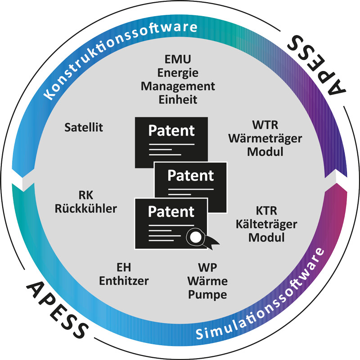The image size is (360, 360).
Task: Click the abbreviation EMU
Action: (x=178, y=60)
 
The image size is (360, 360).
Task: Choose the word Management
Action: (x=178, y=86)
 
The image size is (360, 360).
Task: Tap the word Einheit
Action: (x=178, y=99)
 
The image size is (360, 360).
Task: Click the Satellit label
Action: (x=84, y=127)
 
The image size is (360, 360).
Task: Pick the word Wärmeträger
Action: (x=265, y=139)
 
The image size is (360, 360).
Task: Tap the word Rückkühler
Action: (x=85, y=208)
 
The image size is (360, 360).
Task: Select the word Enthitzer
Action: (x=124, y=281)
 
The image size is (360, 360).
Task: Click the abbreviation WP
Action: (x=207, y=269)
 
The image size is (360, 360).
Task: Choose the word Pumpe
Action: (x=207, y=295)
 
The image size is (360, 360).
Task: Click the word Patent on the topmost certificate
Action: (x=171, y=131)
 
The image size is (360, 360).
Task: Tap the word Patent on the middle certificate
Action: (x=191, y=175)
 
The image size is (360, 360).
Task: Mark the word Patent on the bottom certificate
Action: (x=171, y=211)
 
